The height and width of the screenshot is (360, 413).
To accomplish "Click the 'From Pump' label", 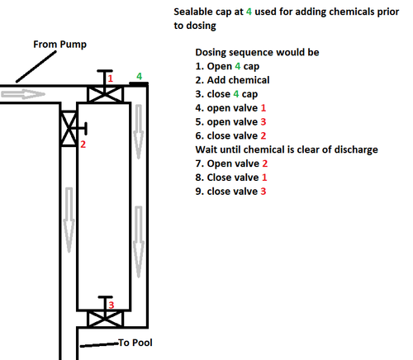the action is coord(59,45).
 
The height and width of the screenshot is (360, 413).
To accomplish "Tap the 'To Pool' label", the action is coord(135,343).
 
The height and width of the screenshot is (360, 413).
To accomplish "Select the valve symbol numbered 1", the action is coord(105,94).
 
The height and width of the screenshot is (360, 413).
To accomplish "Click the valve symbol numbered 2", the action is coord(69,128).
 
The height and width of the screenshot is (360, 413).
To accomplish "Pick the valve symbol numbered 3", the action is coord(105,319).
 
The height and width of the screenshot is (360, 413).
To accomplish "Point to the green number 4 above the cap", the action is coord(140,76).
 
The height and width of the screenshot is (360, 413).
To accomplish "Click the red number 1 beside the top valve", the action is coord(111,78).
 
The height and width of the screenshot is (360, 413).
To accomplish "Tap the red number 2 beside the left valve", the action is coord(83,144).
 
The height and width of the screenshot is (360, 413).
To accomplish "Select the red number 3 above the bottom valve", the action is coord(112,305).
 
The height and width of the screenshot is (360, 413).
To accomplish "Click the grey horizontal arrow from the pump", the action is coord(23,94).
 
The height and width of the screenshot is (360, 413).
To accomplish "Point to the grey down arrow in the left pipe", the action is coord(69,220).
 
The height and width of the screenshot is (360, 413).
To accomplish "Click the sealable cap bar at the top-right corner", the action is coord(139,83).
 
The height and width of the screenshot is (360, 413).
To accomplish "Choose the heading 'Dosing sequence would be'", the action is coord(257,52).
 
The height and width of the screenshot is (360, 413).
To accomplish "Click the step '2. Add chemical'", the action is coord(232,80).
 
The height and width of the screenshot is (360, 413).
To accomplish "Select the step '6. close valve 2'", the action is coord(230,135).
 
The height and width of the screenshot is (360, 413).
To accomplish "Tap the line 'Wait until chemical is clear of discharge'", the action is coord(287,149).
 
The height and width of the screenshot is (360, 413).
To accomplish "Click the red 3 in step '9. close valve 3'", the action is coord(263,192).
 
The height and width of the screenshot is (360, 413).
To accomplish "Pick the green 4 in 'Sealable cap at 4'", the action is coord(249,12).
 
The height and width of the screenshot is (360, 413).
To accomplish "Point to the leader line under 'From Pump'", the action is coord(36,66).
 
